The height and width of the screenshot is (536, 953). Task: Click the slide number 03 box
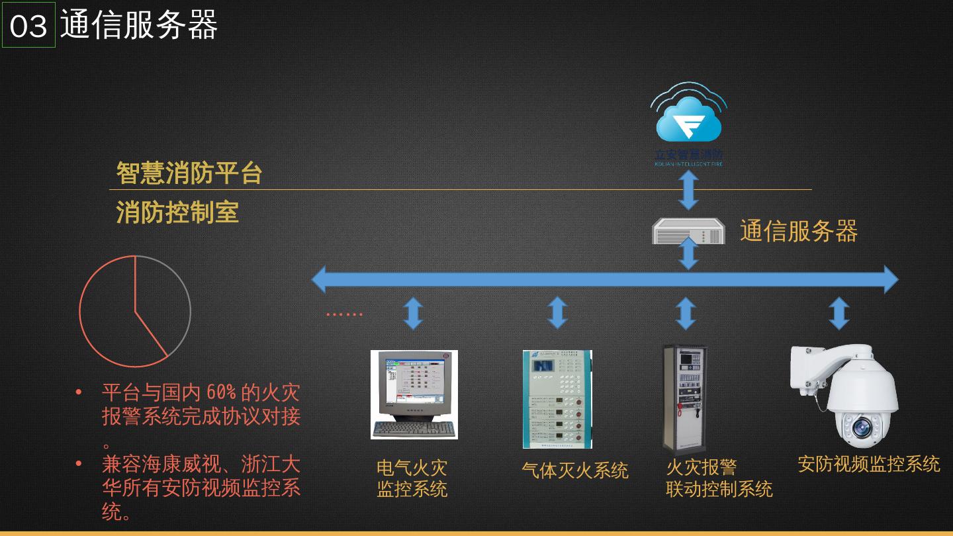[x=28, y=25]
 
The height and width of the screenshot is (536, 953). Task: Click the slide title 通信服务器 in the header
[x=139, y=25]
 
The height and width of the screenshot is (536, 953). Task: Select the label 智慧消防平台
[x=190, y=173]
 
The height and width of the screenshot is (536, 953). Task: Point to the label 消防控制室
[x=177, y=212]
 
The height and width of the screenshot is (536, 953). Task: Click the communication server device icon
[x=688, y=232]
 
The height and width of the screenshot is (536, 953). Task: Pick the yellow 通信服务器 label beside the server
[x=799, y=231]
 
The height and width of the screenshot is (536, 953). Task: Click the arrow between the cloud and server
[x=688, y=190]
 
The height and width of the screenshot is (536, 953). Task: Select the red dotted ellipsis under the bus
[x=344, y=314]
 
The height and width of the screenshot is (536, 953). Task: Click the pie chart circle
[x=135, y=311]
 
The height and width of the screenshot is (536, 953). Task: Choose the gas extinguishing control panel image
[x=557, y=400]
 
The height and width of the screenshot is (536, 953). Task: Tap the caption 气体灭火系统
[x=574, y=470]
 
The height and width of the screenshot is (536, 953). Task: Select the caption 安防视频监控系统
[x=868, y=464]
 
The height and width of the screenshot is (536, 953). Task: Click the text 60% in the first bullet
[x=221, y=392]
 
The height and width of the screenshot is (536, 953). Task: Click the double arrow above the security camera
[x=839, y=313]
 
